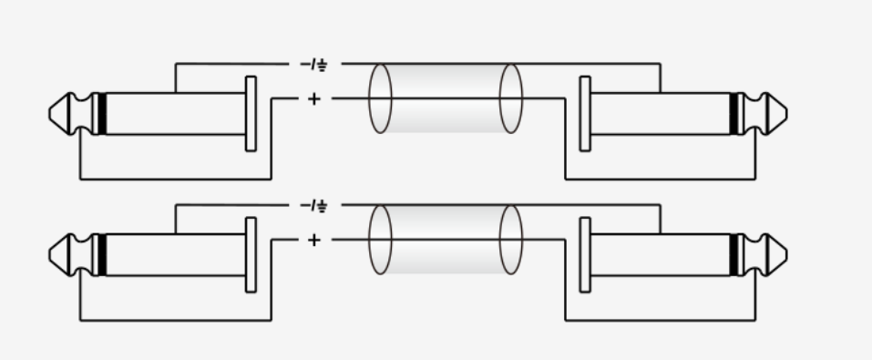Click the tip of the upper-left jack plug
point(49,114)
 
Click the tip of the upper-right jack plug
point(786,114)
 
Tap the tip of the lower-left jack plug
point(49,255)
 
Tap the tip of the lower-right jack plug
point(786,255)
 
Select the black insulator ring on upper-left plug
point(102,114)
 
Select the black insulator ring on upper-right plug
point(734,114)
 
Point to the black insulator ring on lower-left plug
point(102,255)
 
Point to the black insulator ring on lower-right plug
point(734,255)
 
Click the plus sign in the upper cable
point(313,98)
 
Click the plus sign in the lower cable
point(313,240)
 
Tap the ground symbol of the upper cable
point(322,67)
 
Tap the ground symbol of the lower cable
point(322,208)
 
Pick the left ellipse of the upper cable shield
point(369,98)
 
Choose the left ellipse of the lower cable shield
point(369,240)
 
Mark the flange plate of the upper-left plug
point(251,114)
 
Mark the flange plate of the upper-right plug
point(585,114)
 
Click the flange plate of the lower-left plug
point(251,255)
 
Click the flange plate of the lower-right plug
point(585,255)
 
